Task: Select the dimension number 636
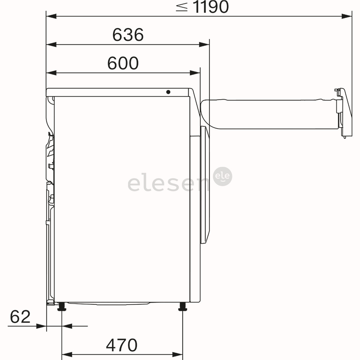tap(128, 35)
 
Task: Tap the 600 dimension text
tap(123, 63)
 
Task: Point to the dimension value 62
tap(20, 317)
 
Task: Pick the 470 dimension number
tap(122, 345)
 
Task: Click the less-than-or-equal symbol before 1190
tap(182, 7)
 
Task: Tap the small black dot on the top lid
tap(168, 92)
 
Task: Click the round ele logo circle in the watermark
tap(223, 177)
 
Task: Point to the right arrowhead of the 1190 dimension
tap(347, 16)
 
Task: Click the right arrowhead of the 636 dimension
tap(204, 45)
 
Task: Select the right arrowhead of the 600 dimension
tap(195, 73)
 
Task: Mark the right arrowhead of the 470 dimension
tap(178, 354)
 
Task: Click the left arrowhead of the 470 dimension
tap(67, 354)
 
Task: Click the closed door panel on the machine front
tap(205, 185)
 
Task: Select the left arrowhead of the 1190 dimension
tap(51, 16)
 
